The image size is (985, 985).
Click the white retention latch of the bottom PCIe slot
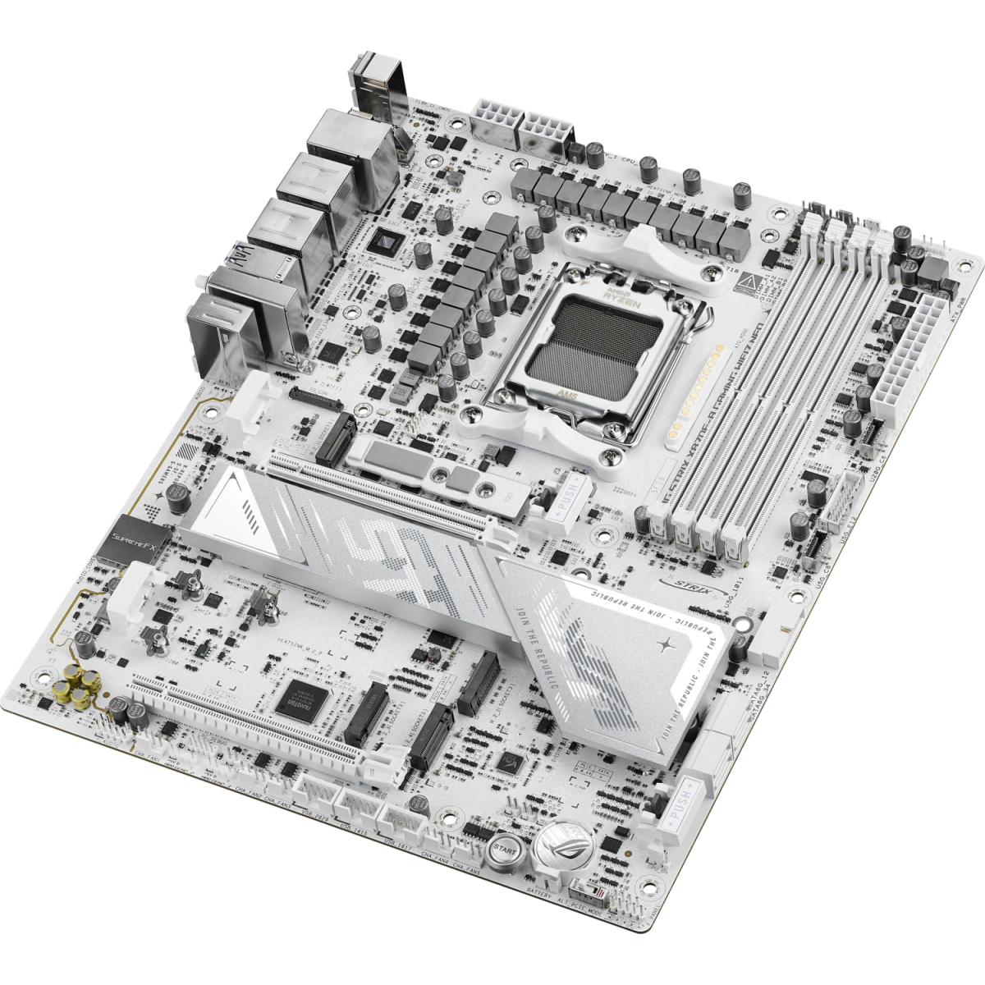378,768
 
